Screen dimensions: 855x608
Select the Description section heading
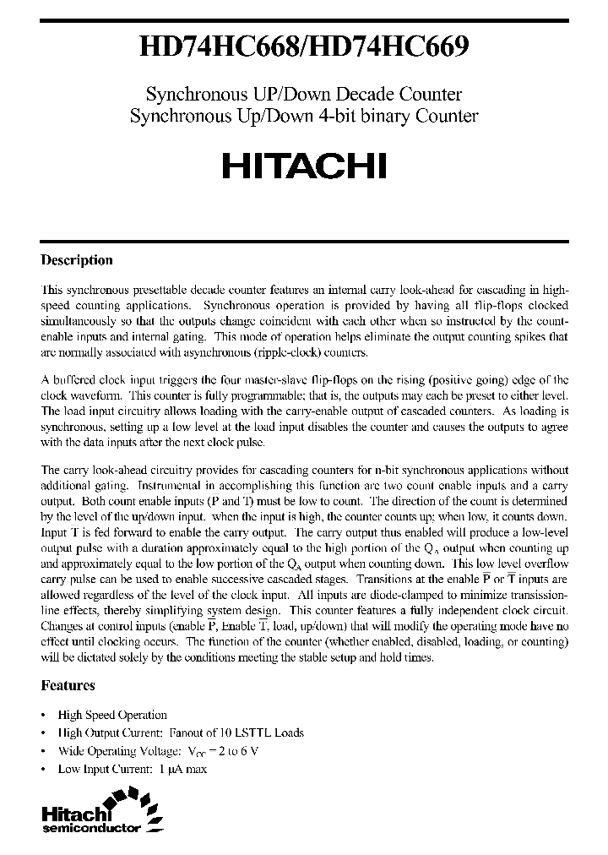(x=77, y=260)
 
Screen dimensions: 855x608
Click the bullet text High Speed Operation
(x=112, y=715)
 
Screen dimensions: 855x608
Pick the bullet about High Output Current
(x=181, y=732)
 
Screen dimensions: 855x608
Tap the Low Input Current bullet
(x=132, y=768)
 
